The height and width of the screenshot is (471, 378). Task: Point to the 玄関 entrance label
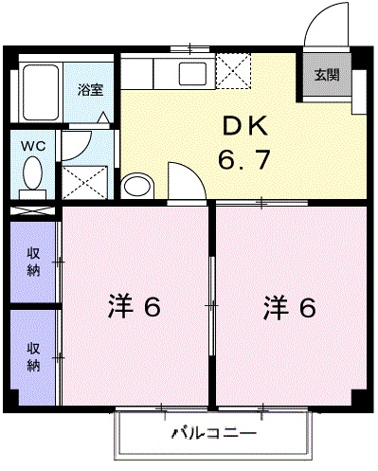[327, 74]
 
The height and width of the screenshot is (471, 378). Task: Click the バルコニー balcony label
[213, 435]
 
